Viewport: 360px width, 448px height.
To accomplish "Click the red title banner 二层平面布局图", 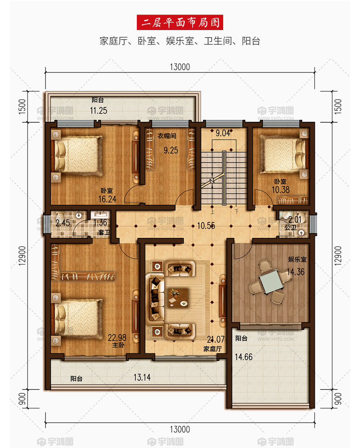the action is tap(180, 22).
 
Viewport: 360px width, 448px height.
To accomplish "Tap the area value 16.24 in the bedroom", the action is tap(108, 199).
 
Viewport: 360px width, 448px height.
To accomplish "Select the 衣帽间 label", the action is tap(167, 136).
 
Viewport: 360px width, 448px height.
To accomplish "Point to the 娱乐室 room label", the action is tap(297, 260).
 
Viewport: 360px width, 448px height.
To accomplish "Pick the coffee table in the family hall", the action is tap(177, 298).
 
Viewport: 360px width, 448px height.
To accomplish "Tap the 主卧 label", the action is tap(118, 345).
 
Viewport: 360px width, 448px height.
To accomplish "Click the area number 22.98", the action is tap(117, 338).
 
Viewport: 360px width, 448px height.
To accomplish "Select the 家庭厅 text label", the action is tap(212, 349).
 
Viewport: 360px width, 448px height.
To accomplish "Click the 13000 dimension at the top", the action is tap(180, 67).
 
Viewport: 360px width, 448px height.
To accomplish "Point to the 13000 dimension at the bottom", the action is tap(180, 429).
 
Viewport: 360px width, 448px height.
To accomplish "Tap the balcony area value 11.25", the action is tap(99, 110).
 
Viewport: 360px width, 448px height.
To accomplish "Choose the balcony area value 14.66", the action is tap(244, 357).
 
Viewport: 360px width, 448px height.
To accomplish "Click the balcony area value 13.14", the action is tap(142, 378).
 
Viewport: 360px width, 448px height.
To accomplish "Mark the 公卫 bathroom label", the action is tap(290, 228).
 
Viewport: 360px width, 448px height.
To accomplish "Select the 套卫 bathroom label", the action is tap(104, 232).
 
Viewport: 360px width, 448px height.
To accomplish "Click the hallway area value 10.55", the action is tap(206, 226).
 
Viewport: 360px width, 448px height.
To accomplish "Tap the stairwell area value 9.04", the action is tap(223, 133).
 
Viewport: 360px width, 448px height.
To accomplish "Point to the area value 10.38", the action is tap(280, 190).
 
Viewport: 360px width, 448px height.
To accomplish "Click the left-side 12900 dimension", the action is tap(23, 256).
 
